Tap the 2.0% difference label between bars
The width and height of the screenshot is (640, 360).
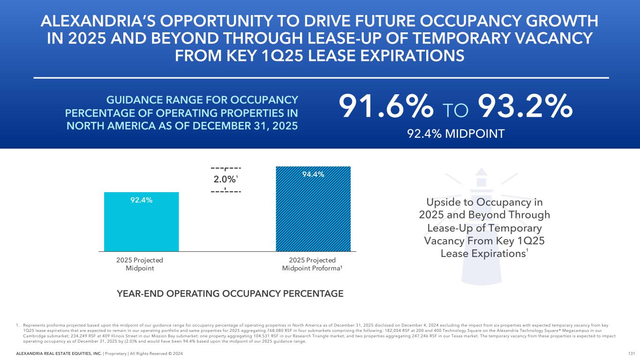click(225, 179)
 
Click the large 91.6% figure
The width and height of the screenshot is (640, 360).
click(385, 107)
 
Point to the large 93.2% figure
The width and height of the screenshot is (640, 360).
click(525, 107)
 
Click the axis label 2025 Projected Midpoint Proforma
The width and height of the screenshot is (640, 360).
click(312, 264)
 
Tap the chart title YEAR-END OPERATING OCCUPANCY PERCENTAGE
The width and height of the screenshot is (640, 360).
click(230, 294)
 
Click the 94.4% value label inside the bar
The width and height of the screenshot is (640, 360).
click(313, 174)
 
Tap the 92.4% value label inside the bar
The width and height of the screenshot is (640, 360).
click(141, 200)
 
